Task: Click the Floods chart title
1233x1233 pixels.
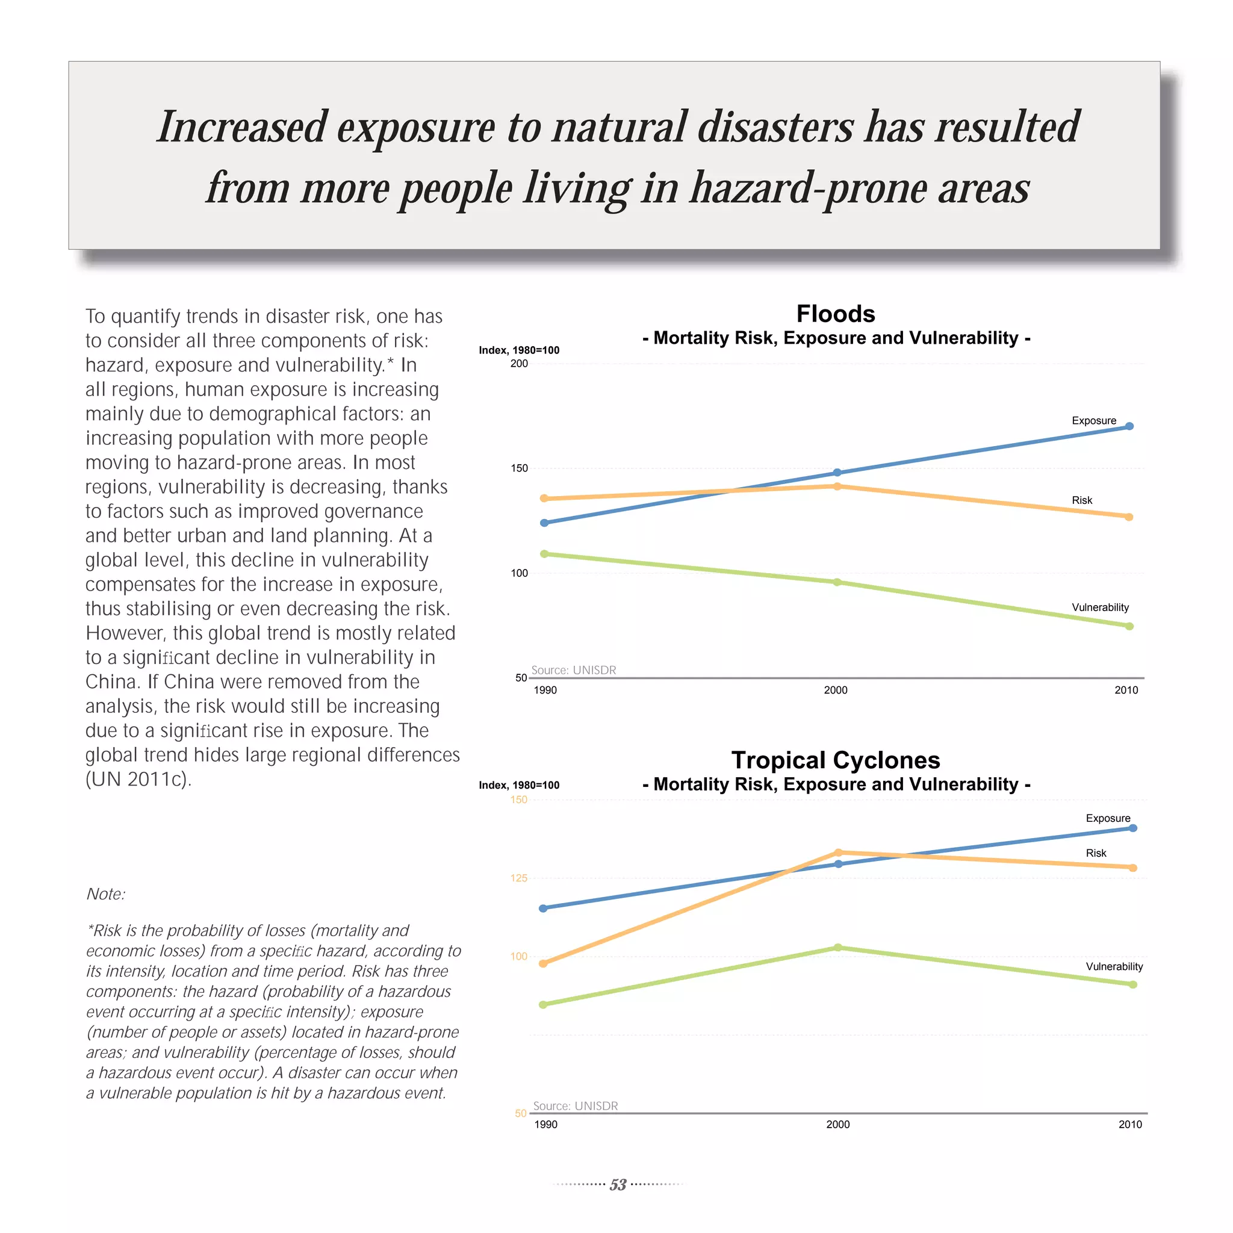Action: click(x=836, y=314)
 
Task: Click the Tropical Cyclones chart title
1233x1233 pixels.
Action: click(x=836, y=760)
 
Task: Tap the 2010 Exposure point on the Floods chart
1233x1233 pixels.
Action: click(x=1129, y=426)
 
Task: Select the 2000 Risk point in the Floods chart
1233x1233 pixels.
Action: click(x=837, y=486)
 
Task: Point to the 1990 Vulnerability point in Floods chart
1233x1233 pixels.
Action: click(x=544, y=554)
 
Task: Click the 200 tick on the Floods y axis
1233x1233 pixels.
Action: click(x=519, y=364)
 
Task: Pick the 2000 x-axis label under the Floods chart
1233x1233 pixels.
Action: click(x=836, y=690)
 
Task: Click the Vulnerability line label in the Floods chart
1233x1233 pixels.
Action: click(x=1101, y=607)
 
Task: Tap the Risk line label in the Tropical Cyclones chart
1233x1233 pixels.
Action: click(x=1096, y=853)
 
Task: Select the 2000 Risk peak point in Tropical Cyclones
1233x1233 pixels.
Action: click(x=839, y=853)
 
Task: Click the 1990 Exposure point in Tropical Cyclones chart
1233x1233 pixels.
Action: click(x=543, y=908)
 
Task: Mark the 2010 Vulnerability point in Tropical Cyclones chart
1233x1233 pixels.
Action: click(x=1133, y=985)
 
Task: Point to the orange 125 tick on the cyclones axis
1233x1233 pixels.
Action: click(x=519, y=878)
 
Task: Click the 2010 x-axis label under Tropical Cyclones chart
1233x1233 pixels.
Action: click(x=1129, y=1125)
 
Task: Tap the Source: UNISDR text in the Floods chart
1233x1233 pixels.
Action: click(x=573, y=670)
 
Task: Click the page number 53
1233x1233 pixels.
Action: click(x=618, y=1184)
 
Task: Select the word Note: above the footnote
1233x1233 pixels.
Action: click(x=106, y=894)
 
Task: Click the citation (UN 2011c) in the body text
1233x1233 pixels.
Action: click(x=138, y=779)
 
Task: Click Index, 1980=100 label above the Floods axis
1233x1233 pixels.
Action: click(x=519, y=350)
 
